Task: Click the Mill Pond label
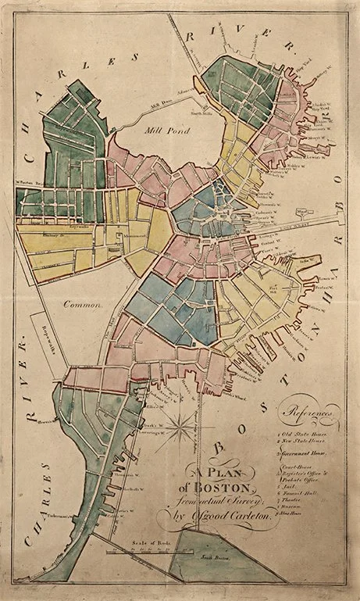(167, 134)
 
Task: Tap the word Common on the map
(82, 306)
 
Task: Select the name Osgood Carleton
(235, 517)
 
